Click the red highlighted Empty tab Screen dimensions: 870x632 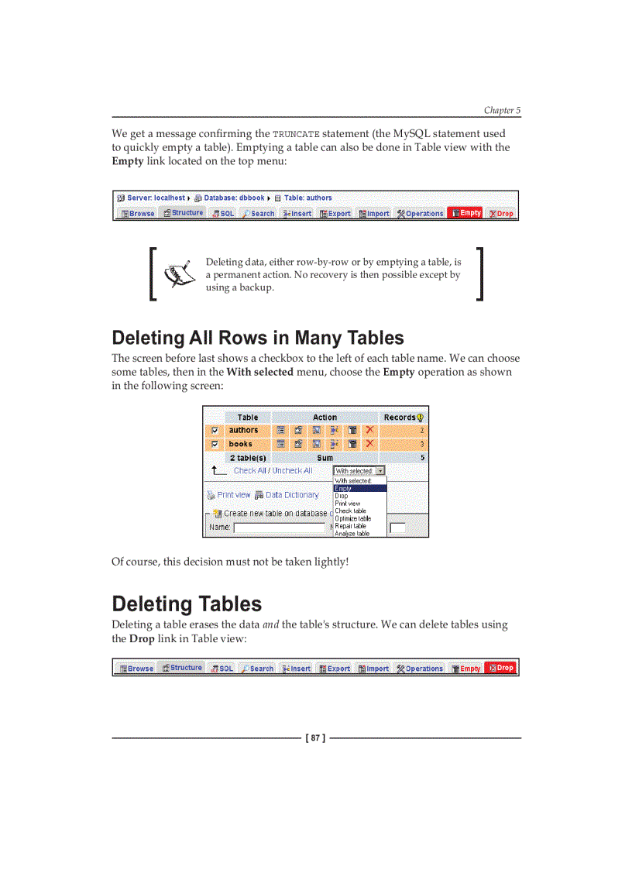[466, 213]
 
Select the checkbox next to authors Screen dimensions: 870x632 [215, 431]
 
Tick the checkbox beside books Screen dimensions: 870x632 [215, 445]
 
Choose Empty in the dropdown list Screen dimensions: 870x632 [343, 488]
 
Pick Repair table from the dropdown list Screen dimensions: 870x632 [350, 526]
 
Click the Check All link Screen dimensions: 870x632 [249, 471]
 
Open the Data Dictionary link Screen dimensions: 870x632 [292, 495]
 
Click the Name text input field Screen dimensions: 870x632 [279, 528]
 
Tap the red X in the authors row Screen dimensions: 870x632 [370, 430]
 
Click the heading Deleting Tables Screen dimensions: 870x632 [187, 604]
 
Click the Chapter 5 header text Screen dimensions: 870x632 [502, 111]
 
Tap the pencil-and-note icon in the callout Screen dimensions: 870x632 [177, 273]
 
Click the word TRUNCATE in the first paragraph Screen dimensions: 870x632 [296, 134]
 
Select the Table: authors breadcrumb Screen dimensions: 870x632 [307, 198]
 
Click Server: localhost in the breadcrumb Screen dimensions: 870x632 [156, 198]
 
